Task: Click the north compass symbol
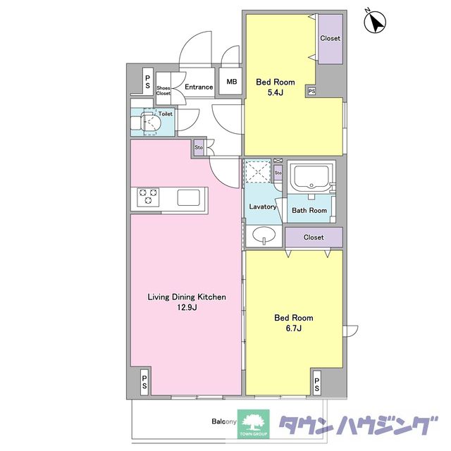(375, 22)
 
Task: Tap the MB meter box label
(232, 82)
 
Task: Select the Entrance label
(199, 87)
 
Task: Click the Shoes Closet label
(163, 91)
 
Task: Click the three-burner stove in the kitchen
(148, 197)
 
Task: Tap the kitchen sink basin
(188, 197)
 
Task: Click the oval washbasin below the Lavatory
(264, 235)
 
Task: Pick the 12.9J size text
(187, 307)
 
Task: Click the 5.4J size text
(276, 92)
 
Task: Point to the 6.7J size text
(294, 328)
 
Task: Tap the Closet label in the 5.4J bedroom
(330, 38)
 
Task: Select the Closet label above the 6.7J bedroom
(314, 237)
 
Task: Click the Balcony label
(224, 421)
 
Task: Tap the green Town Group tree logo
(254, 424)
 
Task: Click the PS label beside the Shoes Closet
(147, 82)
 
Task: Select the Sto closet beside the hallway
(199, 147)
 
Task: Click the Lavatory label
(263, 206)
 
